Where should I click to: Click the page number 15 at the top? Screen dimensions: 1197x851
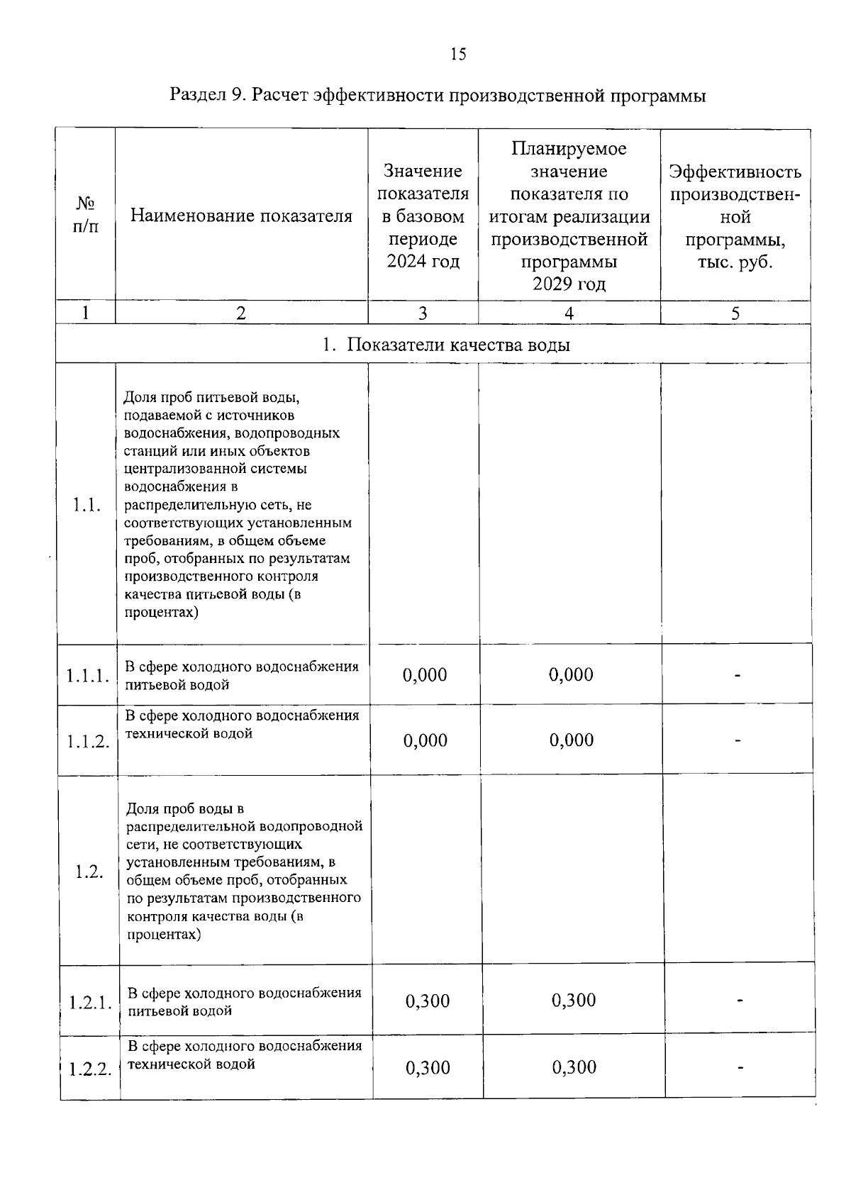458,55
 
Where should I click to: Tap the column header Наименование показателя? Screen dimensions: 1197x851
241,216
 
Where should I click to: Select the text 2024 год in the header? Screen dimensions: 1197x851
423,262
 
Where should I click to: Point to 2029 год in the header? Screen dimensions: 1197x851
569,284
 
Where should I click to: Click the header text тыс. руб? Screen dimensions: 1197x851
735,262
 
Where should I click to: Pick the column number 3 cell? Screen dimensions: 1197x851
423,313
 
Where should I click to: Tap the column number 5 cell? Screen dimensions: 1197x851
735,313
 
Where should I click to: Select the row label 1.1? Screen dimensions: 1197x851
86,505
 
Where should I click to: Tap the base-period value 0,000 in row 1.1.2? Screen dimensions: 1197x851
425,741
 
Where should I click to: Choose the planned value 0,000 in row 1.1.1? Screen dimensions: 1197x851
571,674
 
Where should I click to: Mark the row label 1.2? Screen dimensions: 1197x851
89,872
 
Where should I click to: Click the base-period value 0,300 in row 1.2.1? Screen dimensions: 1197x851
428,1001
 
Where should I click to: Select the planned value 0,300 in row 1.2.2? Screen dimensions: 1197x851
574,1067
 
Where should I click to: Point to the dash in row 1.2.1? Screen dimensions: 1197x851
740,1001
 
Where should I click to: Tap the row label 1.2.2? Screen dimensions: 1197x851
91,1069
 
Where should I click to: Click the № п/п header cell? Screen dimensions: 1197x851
86,216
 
